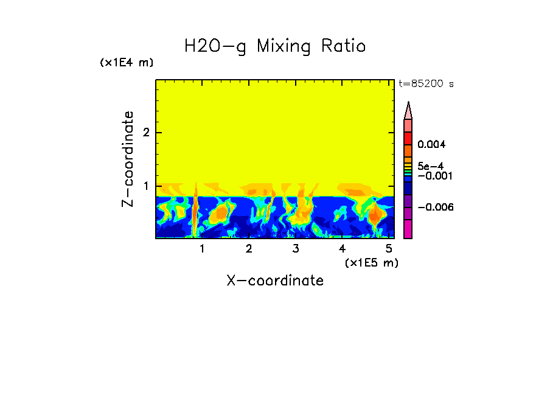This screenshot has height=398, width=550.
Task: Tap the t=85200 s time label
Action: pyautogui.click(x=426, y=84)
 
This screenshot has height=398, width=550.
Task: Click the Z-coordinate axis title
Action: pyautogui.click(x=128, y=159)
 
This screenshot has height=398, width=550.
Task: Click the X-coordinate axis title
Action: pyautogui.click(x=275, y=281)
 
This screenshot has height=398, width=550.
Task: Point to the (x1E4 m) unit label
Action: pyautogui.click(x=127, y=63)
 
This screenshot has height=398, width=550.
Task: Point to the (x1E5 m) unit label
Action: pyautogui.click(x=371, y=262)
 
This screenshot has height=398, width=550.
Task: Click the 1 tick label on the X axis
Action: pyautogui.click(x=202, y=249)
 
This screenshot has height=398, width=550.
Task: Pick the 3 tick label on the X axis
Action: pyautogui.click(x=296, y=249)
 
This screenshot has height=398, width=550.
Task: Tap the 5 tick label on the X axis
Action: pyautogui.click(x=389, y=249)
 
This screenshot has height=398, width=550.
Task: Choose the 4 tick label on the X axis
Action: pyautogui.click(x=343, y=249)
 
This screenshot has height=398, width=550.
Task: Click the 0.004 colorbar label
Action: pyautogui.click(x=432, y=145)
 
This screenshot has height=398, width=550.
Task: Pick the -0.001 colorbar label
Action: pyautogui.click(x=434, y=176)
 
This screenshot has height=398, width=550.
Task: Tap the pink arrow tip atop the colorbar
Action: pyautogui.click(x=408, y=110)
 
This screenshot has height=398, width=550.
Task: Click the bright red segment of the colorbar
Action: pyautogui.click(x=408, y=138)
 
